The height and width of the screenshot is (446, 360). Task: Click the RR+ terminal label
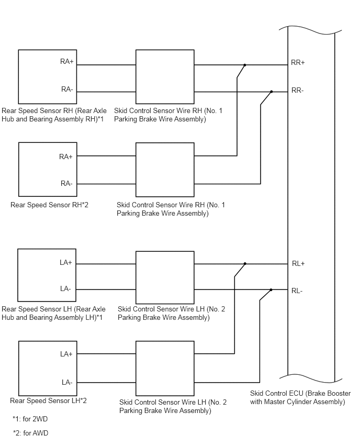point(298,63)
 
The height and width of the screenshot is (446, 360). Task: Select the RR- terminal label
point(297,91)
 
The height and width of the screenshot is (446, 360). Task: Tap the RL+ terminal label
point(298,264)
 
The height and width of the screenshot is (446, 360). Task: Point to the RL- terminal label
point(297,291)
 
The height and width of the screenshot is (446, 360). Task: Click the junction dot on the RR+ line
point(244,65)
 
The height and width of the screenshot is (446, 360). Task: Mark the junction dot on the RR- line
point(271,92)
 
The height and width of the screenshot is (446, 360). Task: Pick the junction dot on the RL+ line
point(245,264)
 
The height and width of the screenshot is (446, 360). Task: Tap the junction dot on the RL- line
point(271,290)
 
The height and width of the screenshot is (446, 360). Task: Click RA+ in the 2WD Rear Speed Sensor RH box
point(67,61)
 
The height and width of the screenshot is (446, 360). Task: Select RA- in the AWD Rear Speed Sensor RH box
point(66,183)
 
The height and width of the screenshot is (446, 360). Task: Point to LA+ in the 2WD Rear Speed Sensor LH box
point(66,263)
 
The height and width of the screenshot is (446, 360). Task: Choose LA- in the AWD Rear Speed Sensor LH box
point(67,382)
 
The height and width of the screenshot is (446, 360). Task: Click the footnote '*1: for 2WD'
point(30,419)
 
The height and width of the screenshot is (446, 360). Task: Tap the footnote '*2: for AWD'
point(31,433)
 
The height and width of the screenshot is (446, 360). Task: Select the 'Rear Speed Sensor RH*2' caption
point(49,205)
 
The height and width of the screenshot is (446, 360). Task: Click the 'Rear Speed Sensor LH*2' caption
point(48,401)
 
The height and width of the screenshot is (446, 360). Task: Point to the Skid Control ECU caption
point(300,398)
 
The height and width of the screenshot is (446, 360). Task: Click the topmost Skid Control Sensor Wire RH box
point(165,77)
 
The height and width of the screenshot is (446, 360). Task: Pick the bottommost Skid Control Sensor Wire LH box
point(165,369)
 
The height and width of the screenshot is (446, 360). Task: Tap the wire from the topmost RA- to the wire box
point(106,92)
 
